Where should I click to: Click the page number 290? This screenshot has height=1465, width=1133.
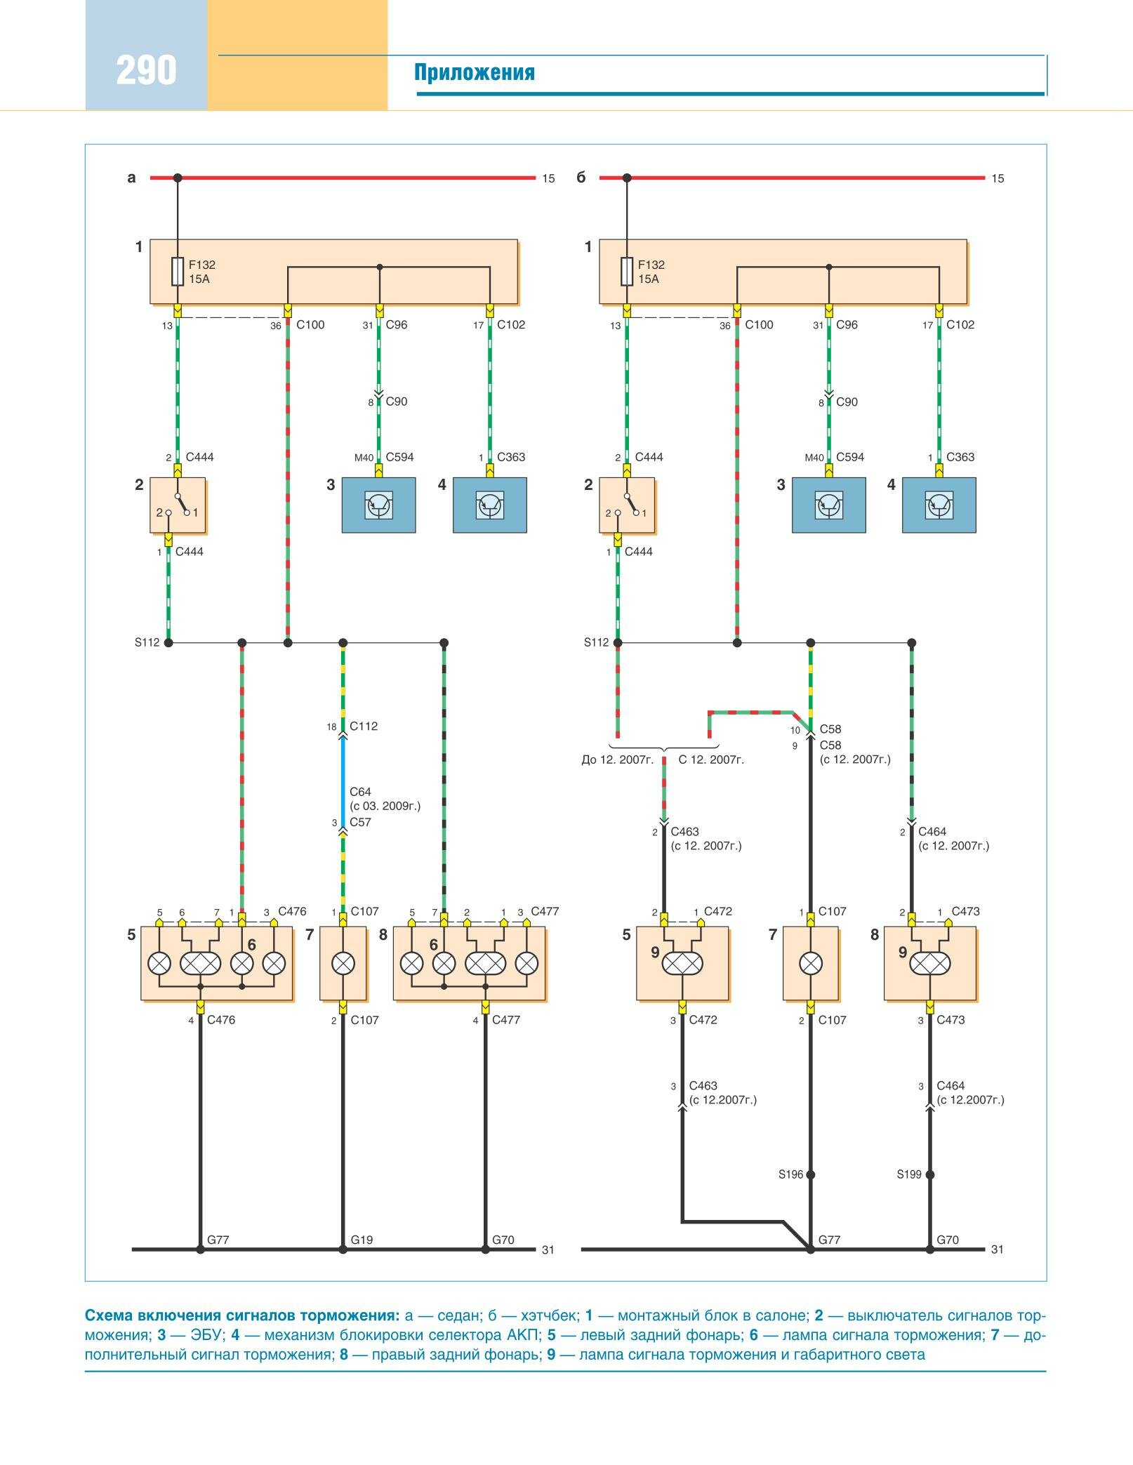click(146, 70)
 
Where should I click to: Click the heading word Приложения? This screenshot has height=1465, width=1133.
click(474, 72)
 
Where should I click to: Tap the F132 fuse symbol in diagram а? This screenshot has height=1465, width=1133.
click(178, 272)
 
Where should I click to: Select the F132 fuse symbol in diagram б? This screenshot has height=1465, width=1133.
click(627, 272)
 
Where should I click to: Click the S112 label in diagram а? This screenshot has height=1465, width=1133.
click(147, 642)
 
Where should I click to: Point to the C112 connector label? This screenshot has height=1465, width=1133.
click(364, 727)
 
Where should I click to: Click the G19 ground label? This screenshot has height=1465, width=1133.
click(362, 1240)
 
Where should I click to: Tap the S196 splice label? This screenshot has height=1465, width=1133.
click(790, 1174)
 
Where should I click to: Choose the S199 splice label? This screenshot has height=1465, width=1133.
click(909, 1174)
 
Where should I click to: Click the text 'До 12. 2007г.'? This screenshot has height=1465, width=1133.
click(618, 760)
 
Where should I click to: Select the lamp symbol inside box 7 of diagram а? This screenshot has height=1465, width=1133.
click(343, 963)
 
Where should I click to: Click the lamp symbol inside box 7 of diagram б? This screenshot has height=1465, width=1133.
click(811, 963)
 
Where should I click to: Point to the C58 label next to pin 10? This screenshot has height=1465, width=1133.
click(830, 729)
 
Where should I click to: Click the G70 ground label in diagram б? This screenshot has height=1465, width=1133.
click(948, 1240)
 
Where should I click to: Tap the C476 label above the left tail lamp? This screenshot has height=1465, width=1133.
click(292, 911)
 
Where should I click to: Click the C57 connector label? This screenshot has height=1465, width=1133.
click(360, 822)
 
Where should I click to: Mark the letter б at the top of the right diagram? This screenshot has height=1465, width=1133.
click(581, 178)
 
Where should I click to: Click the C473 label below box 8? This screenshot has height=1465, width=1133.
click(950, 1020)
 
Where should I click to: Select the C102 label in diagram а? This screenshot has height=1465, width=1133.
click(511, 324)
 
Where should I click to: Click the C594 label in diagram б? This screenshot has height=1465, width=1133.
click(850, 457)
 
